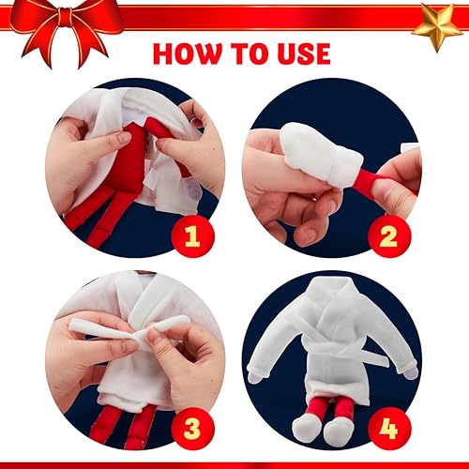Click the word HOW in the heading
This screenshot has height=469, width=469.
coord(191,53)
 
